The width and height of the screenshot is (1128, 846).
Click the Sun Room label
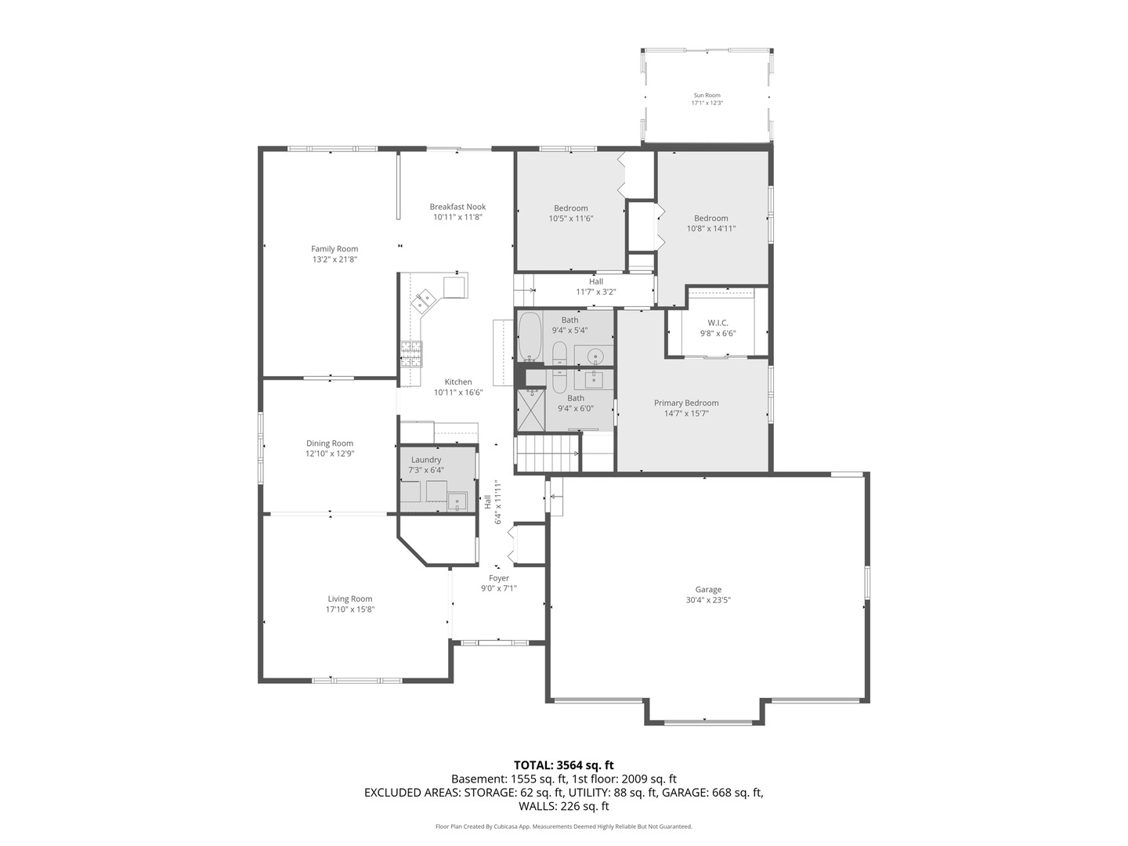coord(706,96)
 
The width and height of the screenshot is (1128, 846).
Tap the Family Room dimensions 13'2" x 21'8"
coord(334,259)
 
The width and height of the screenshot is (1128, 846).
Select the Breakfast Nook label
coord(457,207)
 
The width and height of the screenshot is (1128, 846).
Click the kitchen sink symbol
coord(425,298)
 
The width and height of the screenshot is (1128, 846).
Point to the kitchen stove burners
coord(410,355)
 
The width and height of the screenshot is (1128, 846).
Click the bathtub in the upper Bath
coord(530,337)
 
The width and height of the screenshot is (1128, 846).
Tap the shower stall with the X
coord(530,410)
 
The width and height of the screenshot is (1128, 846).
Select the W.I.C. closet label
coord(718,323)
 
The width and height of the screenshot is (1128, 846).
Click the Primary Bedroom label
coord(686,403)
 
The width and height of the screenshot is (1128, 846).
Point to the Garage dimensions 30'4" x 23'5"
coord(708,600)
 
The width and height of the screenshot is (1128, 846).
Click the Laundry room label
coord(426,460)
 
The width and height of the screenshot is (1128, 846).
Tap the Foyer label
coord(499,579)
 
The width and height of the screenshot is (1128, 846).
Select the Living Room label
coord(350,598)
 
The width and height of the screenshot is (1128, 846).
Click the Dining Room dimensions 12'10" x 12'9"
coord(330,454)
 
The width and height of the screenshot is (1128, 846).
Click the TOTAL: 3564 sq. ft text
coord(563,765)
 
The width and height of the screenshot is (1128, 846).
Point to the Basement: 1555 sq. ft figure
coord(508,779)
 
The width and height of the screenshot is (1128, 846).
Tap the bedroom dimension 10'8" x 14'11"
coord(711,229)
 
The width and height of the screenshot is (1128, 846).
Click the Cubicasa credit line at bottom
coord(563,826)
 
